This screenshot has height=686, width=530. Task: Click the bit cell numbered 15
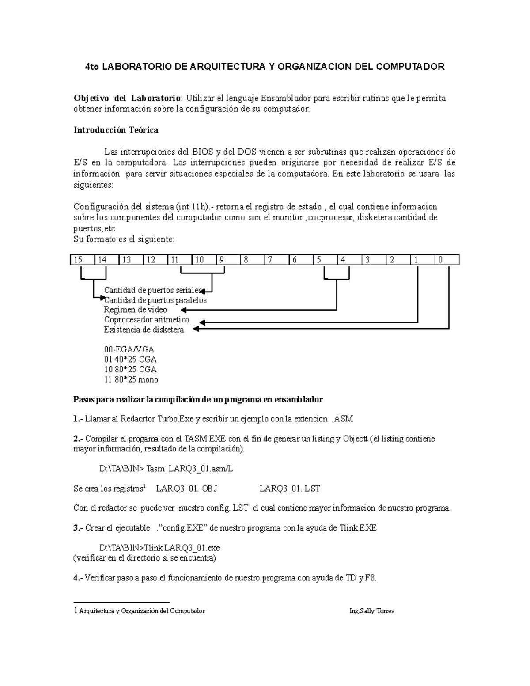click(82, 260)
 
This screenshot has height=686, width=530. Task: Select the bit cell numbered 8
click(252, 260)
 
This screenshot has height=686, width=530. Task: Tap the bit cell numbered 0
click(447, 260)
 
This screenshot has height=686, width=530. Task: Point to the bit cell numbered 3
click(374, 260)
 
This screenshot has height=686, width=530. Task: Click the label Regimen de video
click(135, 310)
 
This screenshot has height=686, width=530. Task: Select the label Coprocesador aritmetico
click(147, 320)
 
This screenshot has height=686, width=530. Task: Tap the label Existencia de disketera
click(144, 330)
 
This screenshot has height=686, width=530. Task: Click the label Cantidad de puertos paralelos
click(155, 300)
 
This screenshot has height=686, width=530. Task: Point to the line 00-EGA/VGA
click(129, 349)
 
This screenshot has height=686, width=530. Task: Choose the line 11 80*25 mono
click(131, 379)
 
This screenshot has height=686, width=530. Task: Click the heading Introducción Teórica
click(116, 130)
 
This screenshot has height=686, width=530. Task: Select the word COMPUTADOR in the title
click(410, 67)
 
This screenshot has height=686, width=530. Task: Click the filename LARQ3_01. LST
click(290, 489)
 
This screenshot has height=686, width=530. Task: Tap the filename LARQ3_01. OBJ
click(187, 489)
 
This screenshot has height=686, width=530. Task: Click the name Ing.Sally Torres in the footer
click(371, 611)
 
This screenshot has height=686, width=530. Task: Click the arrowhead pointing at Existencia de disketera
click(202, 329)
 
